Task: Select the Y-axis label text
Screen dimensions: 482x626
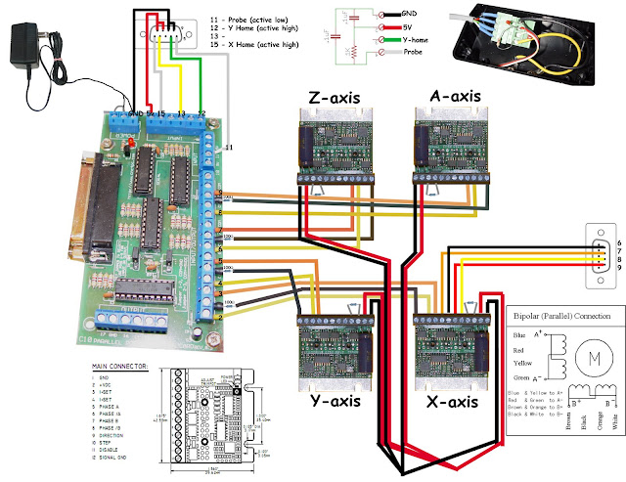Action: coord(332,402)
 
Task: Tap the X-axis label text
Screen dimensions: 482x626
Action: coord(449,402)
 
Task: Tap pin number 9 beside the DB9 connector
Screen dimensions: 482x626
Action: coord(618,267)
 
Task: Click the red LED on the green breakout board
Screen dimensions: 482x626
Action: coord(129,143)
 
